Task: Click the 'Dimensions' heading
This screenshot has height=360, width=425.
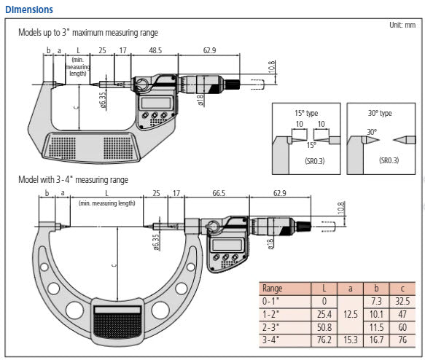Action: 27,9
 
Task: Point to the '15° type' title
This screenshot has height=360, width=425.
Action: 305,113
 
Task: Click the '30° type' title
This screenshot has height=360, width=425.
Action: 380,113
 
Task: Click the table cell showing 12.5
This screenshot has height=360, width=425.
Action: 350,313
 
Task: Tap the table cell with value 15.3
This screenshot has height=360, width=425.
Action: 350,340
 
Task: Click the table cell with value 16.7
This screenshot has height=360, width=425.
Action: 377,340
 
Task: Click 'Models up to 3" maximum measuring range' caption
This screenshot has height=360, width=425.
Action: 87,33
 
